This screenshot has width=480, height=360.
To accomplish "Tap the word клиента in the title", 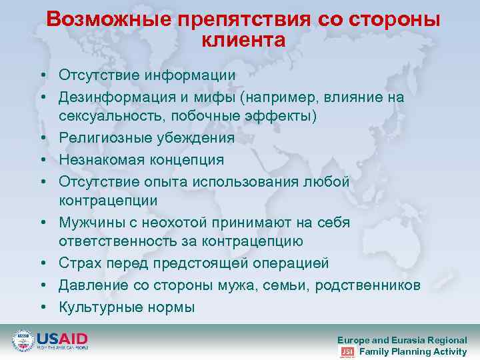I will click(243, 41).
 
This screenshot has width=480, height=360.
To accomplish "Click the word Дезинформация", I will click(116, 97).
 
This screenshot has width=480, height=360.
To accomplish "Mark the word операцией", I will click(289, 263).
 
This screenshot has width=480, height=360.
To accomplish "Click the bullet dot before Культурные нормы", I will click(42, 307).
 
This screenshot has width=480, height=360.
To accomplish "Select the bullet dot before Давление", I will click(42, 285).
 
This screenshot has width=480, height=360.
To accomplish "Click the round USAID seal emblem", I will click(23, 341).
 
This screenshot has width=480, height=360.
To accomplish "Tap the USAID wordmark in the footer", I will click(62, 339).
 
